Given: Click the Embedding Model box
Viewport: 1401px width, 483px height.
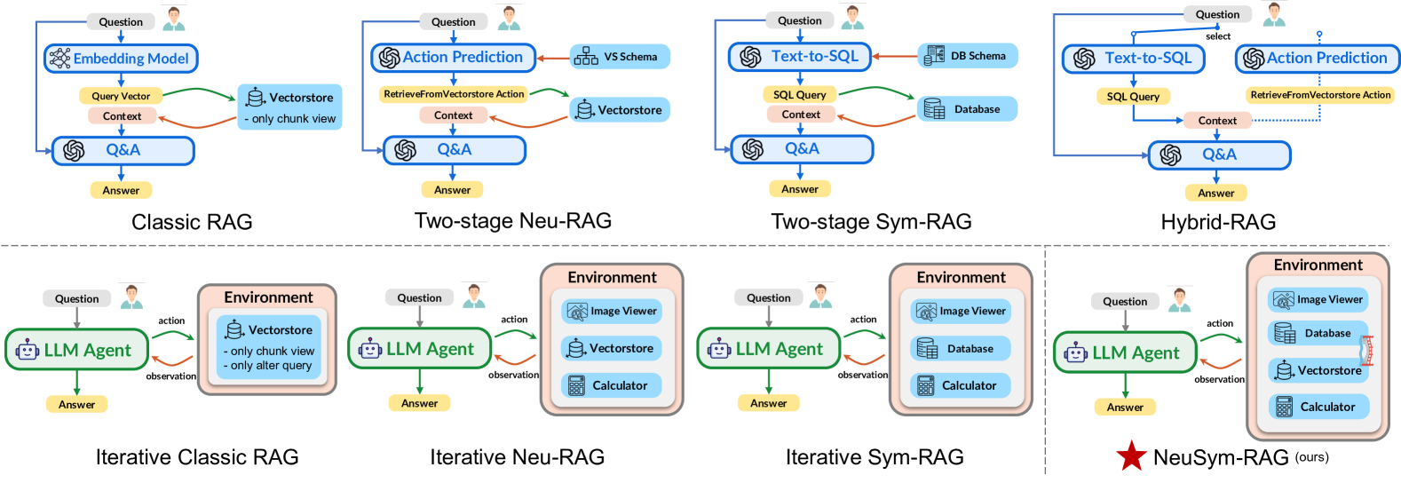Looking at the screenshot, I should click(121, 59).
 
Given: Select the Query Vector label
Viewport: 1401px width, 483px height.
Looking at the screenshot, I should click(121, 96).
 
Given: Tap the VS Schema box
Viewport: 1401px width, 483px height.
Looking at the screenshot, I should click(620, 57).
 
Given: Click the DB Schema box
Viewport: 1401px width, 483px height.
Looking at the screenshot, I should click(967, 56).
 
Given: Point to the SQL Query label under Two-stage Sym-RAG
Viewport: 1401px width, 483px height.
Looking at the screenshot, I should click(799, 94).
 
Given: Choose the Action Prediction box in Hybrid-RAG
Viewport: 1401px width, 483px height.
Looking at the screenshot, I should click(1317, 59).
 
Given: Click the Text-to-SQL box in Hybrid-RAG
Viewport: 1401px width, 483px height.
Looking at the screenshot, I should click(1133, 59).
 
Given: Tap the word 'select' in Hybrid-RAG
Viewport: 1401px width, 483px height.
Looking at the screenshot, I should click(1218, 36).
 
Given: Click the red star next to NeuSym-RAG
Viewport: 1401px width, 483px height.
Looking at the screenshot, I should click(1131, 456).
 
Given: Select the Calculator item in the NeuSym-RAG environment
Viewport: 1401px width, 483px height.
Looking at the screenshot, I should click(1318, 407).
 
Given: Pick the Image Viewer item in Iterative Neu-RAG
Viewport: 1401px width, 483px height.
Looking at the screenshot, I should click(613, 311).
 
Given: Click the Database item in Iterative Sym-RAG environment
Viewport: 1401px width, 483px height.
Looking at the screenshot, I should click(962, 349).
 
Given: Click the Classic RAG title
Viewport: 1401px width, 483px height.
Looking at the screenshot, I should click(192, 222).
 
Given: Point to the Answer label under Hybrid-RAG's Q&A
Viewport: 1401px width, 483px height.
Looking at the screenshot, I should click(1215, 193).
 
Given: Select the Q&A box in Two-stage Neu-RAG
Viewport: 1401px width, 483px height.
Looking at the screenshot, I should click(454, 150).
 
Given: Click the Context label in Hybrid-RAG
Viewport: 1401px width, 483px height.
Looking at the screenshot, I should click(1216, 121).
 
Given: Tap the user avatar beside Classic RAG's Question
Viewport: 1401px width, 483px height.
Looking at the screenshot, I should click(174, 18).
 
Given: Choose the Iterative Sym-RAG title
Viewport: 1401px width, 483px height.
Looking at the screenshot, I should click(875, 457).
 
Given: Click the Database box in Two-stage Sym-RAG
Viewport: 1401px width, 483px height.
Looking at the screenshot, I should click(967, 109).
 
